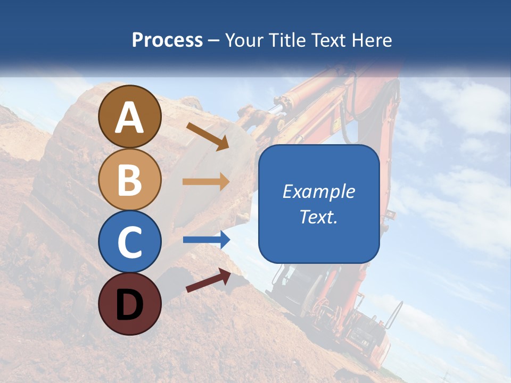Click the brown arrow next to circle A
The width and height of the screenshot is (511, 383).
[208, 136]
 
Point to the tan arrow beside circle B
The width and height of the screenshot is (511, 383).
[206, 182]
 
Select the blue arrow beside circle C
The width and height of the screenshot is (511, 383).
[207, 240]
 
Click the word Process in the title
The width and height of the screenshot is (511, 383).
[167, 40]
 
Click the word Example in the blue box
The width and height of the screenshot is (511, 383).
[318, 191]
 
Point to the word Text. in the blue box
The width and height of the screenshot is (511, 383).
[318, 217]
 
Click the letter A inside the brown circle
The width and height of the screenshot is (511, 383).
[129, 118]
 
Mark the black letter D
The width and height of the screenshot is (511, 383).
[129, 305]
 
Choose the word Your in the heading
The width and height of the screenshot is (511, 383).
[244, 40]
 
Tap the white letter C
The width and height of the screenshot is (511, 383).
[129, 243]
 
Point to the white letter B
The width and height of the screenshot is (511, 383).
[129, 180]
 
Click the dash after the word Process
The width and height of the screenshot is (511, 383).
[214, 41]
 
